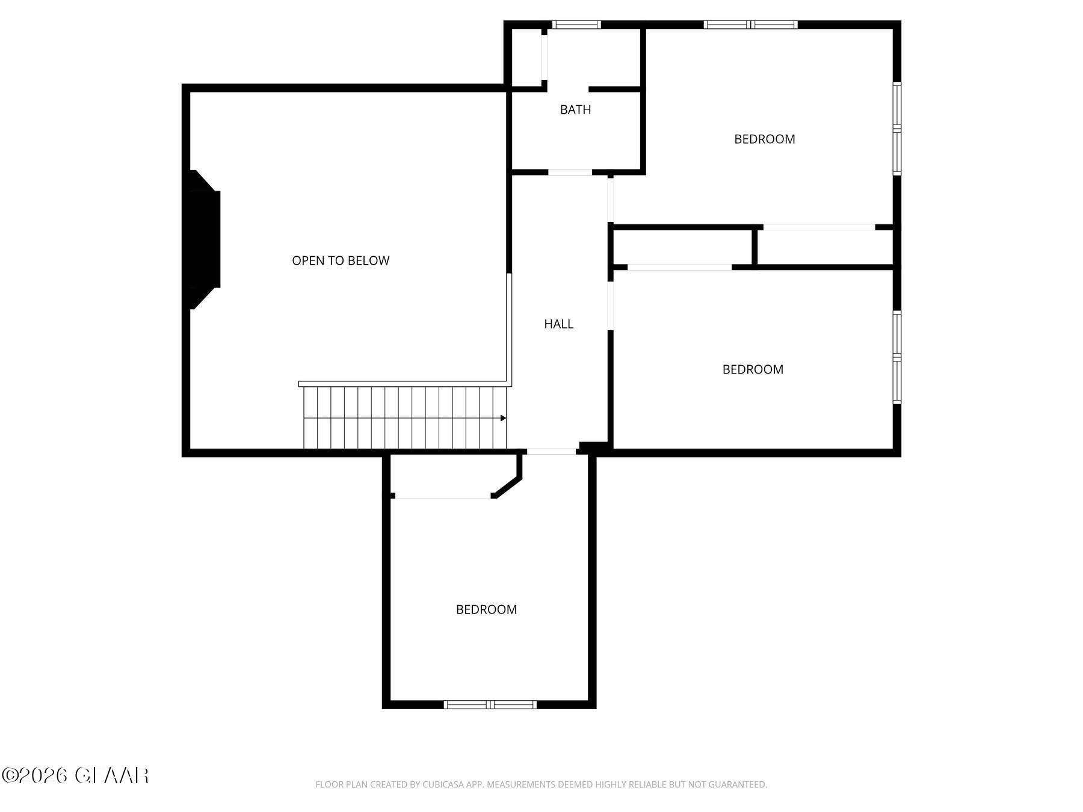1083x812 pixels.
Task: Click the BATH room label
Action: pyautogui.click(x=575, y=109)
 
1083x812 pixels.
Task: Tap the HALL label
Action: pyautogui.click(x=558, y=324)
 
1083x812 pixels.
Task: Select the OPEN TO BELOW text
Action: pyautogui.click(x=341, y=260)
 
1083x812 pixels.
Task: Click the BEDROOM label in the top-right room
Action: pyautogui.click(x=764, y=139)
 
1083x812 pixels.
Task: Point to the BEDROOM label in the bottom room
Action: pyautogui.click(x=486, y=609)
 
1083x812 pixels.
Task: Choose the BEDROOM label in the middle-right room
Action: pyautogui.click(x=753, y=369)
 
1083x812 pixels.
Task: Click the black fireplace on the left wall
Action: pyautogui.click(x=203, y=239)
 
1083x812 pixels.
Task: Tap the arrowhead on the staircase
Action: pyautogui.click(x=503, y=418)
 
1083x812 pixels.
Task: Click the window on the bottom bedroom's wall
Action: pyautogui.click(x=490, y=704)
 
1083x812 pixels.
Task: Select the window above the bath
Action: pyautogui.click(x=576, y=25)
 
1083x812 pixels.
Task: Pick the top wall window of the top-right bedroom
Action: pyautogui.click(x=750, y=25)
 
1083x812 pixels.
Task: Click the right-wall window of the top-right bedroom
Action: pyautogui.click(x=896, y=128)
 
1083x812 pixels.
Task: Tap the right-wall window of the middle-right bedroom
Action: pyautogui.click(x=896, y=357)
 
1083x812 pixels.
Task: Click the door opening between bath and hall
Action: pyautogui.click(x=570, y=173)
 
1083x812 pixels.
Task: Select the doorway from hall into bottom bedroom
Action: pyautogui.click(x=551, y=451)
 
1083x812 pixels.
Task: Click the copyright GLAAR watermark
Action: pyautogui.click(x=75, y=775)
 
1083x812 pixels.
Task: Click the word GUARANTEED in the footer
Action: pyautogui.click(x=737, y=784)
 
